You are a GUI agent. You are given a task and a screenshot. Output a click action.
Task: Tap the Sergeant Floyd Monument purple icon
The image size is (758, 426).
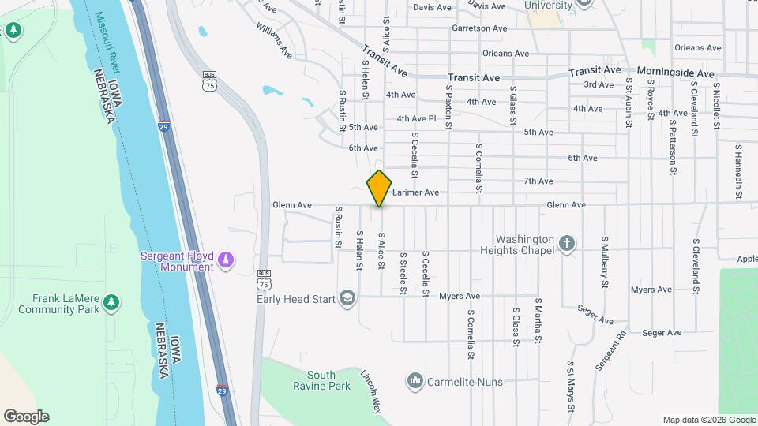click(x=226, y=260)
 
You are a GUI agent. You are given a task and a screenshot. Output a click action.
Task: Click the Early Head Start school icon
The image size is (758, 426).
click(x=347, y=298)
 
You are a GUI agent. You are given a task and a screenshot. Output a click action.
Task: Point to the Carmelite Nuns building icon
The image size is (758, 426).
click(x=415, y=382)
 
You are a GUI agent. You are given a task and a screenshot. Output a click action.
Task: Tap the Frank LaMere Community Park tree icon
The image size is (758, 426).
click(x=111, y=301)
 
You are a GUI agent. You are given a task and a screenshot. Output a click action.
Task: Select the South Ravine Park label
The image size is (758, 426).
click(x=328, y=381)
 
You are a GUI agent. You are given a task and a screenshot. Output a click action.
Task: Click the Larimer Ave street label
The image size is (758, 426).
click(x=415, y=192)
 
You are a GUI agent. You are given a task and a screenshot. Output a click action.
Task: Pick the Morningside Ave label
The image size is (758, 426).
click(x=675, y=73)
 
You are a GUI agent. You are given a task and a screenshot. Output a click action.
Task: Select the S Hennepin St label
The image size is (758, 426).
click(x=739, y=170)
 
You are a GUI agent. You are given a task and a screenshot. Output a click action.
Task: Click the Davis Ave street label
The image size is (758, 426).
click(x=432, y=7)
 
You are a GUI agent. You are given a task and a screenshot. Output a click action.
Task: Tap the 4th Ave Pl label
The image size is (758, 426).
click(x=416, y=119)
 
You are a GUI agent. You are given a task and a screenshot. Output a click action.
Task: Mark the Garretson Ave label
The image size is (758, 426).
click(x=479, y=28)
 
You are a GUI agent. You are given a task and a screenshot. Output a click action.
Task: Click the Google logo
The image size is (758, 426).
click(x=26, y=416)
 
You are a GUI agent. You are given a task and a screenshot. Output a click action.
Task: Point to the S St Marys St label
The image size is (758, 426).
click(x=570, y=387)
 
